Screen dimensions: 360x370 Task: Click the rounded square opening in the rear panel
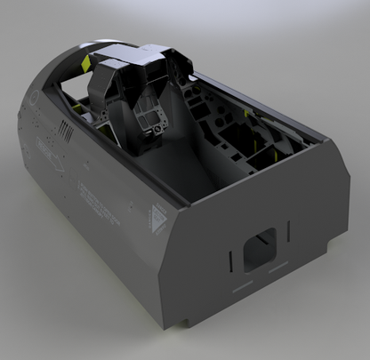[x=264, y=245]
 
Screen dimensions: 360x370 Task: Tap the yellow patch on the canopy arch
[x=85, y=64]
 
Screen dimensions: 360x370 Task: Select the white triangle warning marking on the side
[x=158, y=217]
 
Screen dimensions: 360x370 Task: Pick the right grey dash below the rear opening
[x=279, y=266]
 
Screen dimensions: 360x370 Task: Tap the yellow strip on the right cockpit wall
[x=246, y=113]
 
